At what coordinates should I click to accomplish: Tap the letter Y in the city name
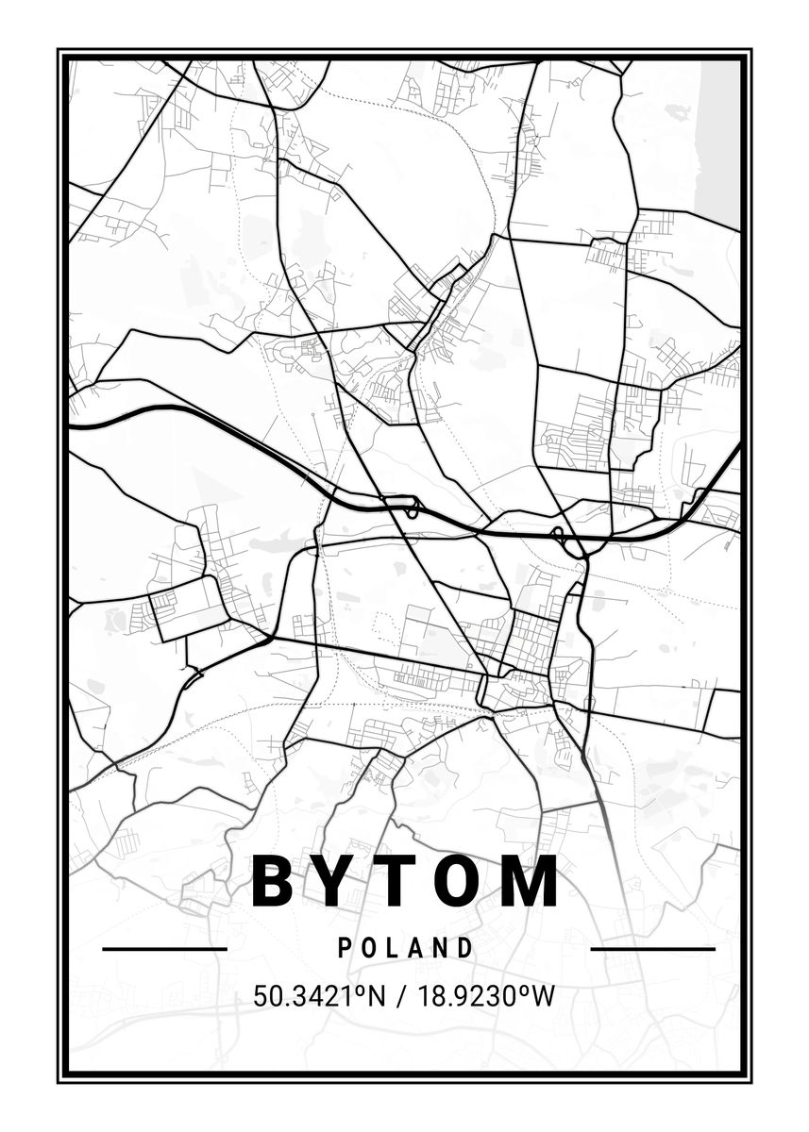[x=340, y=881]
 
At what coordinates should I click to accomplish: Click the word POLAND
[x=405, y=948]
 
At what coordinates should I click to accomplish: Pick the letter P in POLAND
[x=346, y=948]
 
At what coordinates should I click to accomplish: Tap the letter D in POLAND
[x=463, y=948]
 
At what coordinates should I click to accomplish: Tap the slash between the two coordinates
[x=404, y=996]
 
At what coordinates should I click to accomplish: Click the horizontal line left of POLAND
[x=164, y=948]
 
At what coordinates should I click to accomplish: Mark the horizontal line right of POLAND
[x=652, y=948]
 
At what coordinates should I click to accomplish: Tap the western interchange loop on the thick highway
[x=412, y=508]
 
